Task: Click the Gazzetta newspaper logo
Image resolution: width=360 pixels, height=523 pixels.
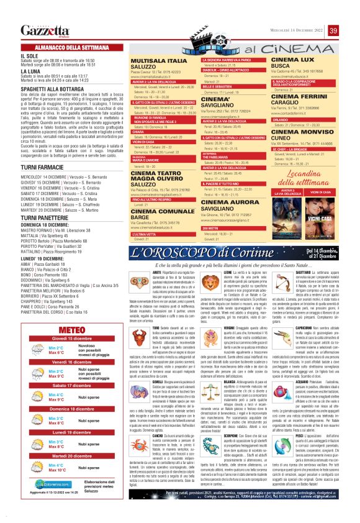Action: (44, 30)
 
